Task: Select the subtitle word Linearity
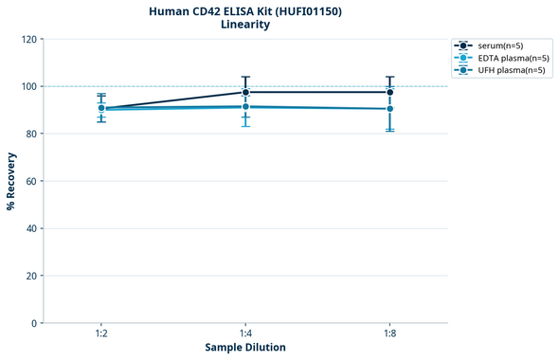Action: click(244, 25)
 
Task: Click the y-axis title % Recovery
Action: click(11, 180)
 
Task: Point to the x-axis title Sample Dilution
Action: click(244, 347)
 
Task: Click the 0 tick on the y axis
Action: click(34, 323)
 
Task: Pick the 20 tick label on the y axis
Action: click(31, 276)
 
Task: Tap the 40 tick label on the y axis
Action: click(31, 228)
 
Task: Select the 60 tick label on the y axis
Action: click(31, 181)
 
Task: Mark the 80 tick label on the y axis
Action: click(31, 134)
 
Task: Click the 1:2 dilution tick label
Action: click(101, 333)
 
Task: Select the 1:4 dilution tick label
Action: click(245, 333)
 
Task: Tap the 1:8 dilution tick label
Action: click(389, 333)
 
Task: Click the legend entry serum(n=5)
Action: click(499, 45)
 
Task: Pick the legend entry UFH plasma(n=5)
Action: click(509, 70)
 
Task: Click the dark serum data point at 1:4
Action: click(245, 92)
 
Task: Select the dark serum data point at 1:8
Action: click(389, 92)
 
